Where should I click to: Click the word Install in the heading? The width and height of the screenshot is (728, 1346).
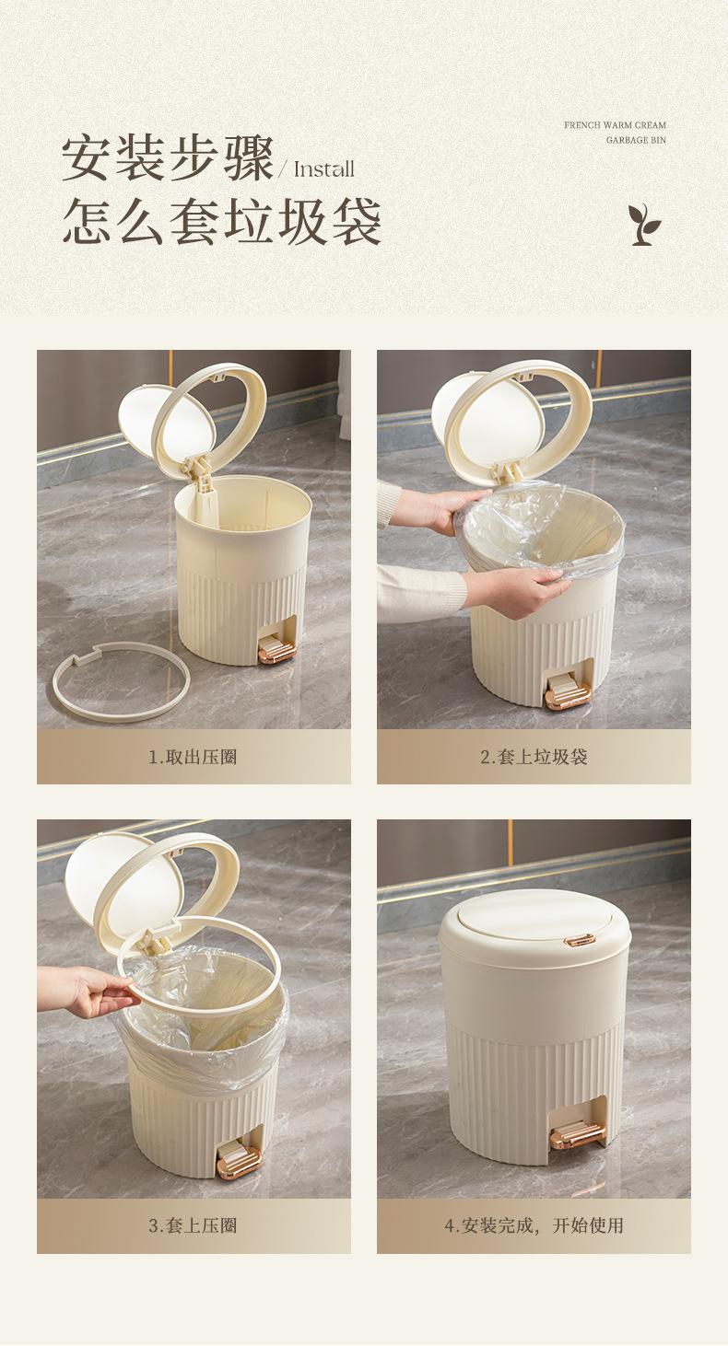pyautogui.click(x=323, y=169)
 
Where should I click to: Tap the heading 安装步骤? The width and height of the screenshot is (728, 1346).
pyautogui.click(x=168, y=158)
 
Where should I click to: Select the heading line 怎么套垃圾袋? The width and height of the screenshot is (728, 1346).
pyautogui.click(x=222, y=221)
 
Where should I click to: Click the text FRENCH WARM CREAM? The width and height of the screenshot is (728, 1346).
pyautogui.click(x=615, y=125)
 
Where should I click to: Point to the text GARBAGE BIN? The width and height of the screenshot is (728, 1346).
pyautogui.click(x=636, y=140)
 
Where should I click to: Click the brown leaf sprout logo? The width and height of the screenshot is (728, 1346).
pyautogui.click(x=644, y=224)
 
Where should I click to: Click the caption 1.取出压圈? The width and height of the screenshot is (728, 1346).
pyautogui.click(x=193, y=757)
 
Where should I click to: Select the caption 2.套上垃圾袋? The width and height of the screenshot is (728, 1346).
pyautogui.click(x=534, y=757)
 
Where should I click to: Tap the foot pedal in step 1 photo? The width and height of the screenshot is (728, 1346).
pyautogui.click(x=276, y=651)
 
